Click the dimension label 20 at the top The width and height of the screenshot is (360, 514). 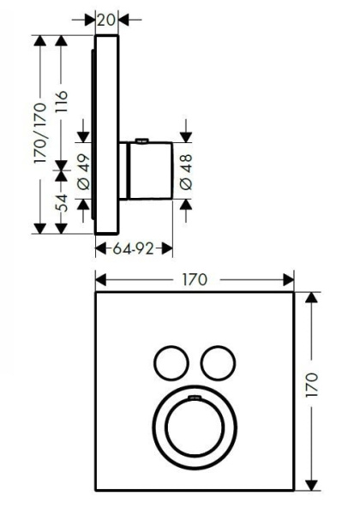(107, 19)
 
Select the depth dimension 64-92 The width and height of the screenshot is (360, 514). (134, 249)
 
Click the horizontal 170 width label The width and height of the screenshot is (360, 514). (195, 279)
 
